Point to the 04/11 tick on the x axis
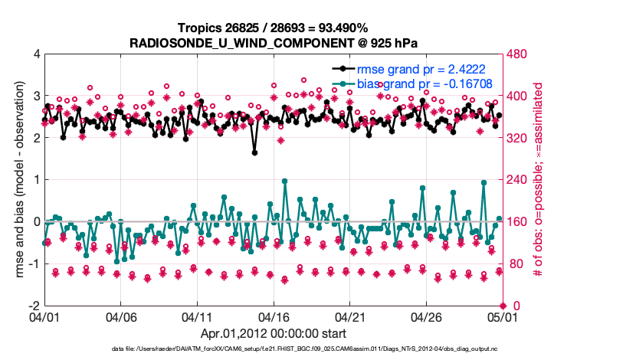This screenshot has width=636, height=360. pyautogui.click(x=197, y=316)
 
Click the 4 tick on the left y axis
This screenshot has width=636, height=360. pyautogui.click(x=36, y=54)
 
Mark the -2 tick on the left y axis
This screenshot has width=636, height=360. pyautogui.click(x=34, y=306)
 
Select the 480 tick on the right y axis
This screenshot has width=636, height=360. pyautogui.click(x=518, y=54)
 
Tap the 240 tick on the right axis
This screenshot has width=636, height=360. pyautogui.click(x=518, y=180)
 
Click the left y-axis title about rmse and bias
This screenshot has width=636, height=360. pyautogui.click(x=21, y=180)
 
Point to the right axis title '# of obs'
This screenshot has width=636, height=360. pyautogui.click(x=538, y=180)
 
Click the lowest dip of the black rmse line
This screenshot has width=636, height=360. pyautogui.click(x=254, y=152)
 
